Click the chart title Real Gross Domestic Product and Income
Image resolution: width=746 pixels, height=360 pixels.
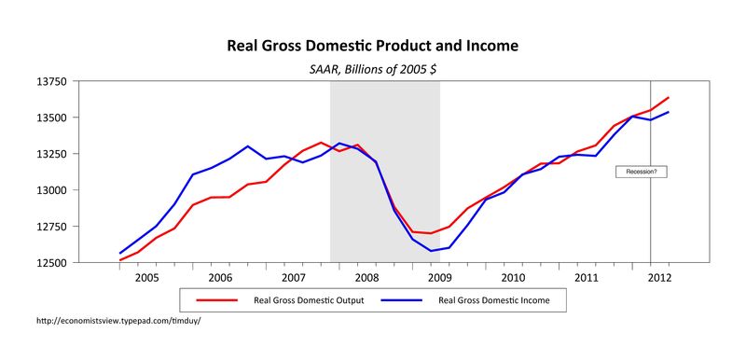pos(373,46)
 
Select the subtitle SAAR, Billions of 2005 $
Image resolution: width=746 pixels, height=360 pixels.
pos(373,68)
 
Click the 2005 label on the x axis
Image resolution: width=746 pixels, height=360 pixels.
pos(147,278)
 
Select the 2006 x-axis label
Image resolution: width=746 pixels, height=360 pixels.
pos(220,278)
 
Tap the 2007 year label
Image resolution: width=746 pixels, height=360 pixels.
pos(293,278)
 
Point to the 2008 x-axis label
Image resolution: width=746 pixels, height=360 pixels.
pos(366,278)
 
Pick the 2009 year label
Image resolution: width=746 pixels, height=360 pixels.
pos(439,278)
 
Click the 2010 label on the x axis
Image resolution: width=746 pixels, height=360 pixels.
pos(513,278)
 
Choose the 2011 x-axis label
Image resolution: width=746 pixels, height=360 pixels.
pos(586,278)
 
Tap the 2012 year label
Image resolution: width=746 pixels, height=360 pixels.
pos(658,278)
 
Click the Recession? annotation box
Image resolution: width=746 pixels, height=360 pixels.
pos(642,172)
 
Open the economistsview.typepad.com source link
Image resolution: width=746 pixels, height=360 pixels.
pos(117,322)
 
